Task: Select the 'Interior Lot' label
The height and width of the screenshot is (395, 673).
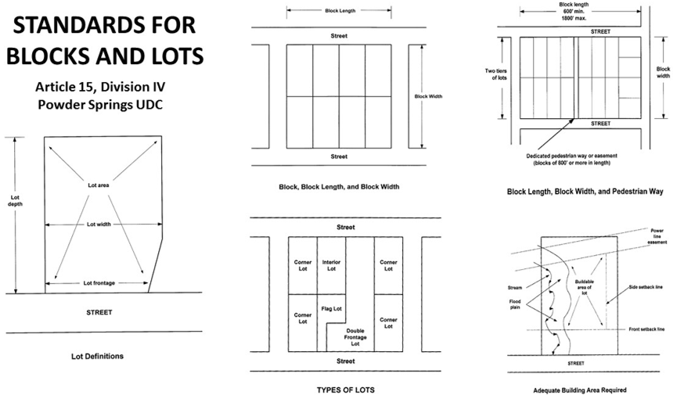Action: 330,265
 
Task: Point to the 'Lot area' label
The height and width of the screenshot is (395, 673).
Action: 98,185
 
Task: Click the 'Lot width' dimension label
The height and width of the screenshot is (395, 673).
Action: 98,224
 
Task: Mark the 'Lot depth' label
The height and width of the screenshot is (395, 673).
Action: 16,201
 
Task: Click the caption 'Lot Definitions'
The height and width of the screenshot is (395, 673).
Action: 97,356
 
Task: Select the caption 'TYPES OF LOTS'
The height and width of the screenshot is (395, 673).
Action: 338,388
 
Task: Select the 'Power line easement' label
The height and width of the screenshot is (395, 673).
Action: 658,237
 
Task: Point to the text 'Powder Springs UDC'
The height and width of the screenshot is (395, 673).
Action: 103,105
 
